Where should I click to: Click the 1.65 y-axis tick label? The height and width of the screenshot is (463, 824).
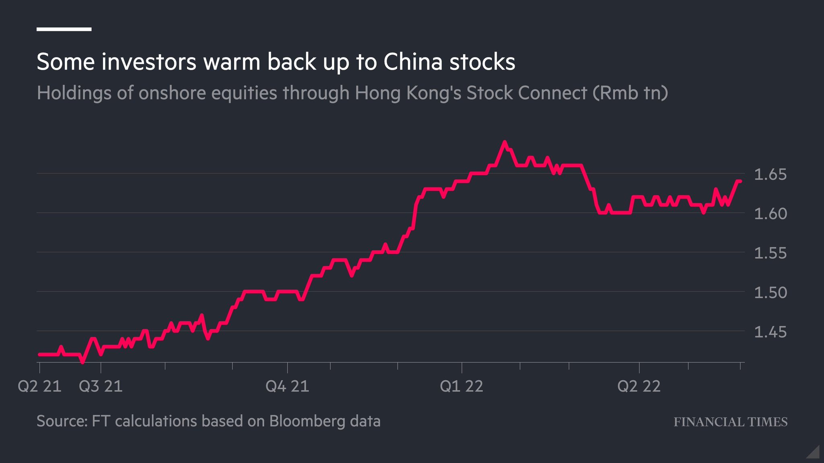pyautogui.click(x=770, y=175)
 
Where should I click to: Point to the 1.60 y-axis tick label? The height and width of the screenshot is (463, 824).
pyautogui.click(x=770, y=214)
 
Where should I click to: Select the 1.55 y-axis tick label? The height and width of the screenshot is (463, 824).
pyautogui.click(x=770, y=253)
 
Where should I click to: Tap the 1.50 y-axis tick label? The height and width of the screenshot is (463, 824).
pyautogui.click(x=770, y=293)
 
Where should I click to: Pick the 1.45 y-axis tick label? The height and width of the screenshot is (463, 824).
pyautogui.click(x=770, y=332)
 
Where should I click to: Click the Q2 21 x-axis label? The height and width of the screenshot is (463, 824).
pyautogui.click(x=39, y=387)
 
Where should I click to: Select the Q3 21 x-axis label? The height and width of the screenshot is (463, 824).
pyautogui.click(x=101, y=387)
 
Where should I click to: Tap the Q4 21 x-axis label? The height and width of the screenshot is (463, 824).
pyautogui.click(x=287, y=387)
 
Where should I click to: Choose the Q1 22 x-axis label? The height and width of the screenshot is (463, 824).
pyautogui.click(x=461, y=387)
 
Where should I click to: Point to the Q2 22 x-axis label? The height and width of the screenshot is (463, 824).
pyautogui.click(x=639, y=387)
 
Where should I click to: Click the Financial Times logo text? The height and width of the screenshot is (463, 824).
pyautogui.click(x=731, y=422)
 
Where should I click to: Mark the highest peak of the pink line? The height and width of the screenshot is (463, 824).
pyautogui.click(x=505, y=142)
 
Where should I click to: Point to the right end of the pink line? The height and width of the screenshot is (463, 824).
pyautogui.click(x=740, y=181)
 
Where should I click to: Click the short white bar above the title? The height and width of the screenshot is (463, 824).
pyautogui.click(x=64, y=29)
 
